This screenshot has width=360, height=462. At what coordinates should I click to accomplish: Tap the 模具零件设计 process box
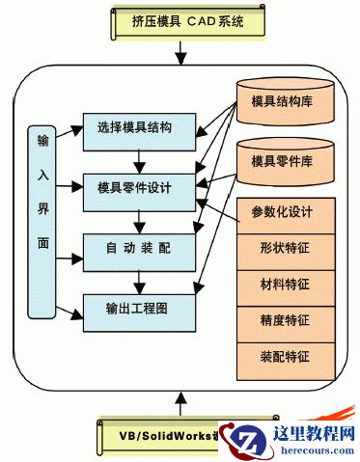(139, 186)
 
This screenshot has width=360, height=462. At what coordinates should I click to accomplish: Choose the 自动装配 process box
(139, 249)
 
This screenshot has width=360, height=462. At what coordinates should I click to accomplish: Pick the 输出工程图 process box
(139, 309)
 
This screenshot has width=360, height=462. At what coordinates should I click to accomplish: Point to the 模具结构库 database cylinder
(286, 104)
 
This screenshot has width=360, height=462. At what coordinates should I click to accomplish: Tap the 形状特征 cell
(286, 249)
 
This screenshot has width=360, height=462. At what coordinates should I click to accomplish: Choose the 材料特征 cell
(286, 285)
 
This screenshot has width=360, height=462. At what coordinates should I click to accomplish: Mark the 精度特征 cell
(286, 321)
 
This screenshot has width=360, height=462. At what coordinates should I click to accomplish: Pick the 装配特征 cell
(286, 357)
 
